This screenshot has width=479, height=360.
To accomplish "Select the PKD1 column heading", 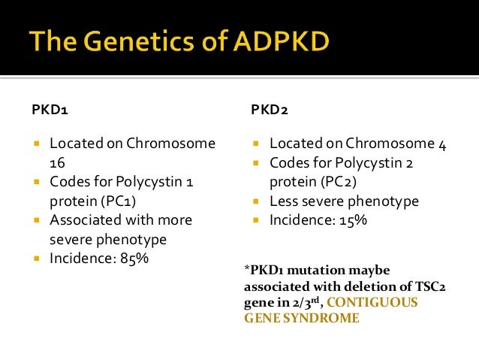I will [x=47, y=111].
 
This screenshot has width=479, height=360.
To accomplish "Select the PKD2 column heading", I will [x=267, y=111].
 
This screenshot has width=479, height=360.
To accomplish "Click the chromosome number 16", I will [x=58, y=162].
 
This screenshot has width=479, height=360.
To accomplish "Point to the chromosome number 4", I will [x=442, y=144].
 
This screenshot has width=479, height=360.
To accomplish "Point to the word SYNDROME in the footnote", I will [x=324, y=317].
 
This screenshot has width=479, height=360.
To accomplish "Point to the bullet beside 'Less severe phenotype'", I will [x=256, y=202].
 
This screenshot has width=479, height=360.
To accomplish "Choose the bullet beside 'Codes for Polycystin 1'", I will [x=37, y=182].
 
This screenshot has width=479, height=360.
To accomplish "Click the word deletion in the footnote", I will [x=346, y=286].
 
